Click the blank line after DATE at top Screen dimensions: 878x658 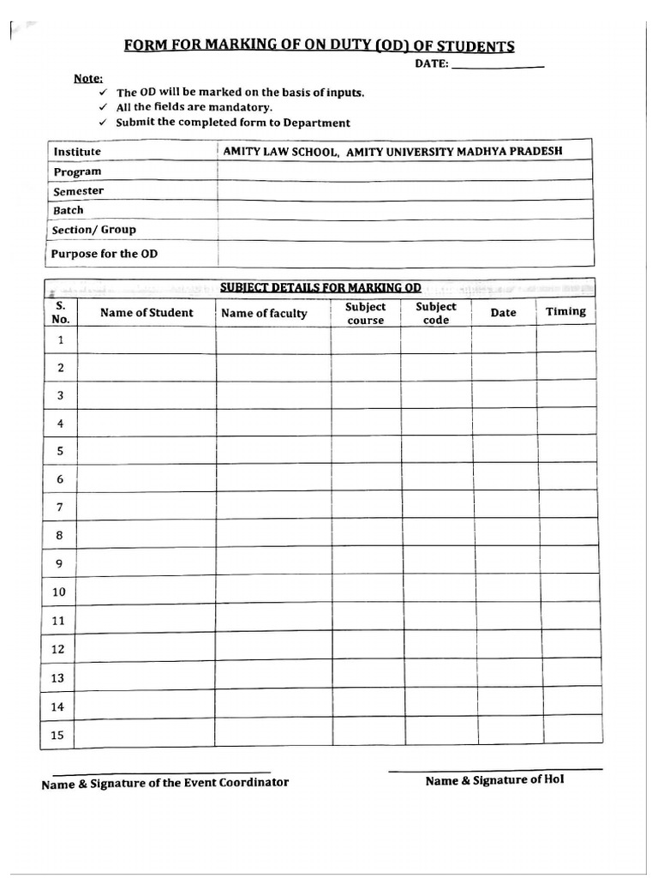497,66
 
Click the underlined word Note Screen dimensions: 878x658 87,78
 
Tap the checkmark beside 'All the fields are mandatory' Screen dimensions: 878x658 103,107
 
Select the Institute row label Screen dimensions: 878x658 77,152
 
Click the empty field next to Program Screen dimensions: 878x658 404,171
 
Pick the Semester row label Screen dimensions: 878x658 78,191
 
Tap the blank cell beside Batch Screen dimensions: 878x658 404,210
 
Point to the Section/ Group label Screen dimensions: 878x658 93,230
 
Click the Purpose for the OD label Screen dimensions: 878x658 104,254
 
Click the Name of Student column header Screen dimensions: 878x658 147,313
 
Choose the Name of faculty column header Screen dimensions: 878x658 264,314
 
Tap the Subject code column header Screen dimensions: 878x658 436,313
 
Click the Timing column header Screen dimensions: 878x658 565,311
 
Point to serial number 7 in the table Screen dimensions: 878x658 60,508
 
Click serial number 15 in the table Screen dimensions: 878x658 58,735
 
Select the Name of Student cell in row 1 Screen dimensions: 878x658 147,340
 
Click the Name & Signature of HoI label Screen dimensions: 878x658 494,780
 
